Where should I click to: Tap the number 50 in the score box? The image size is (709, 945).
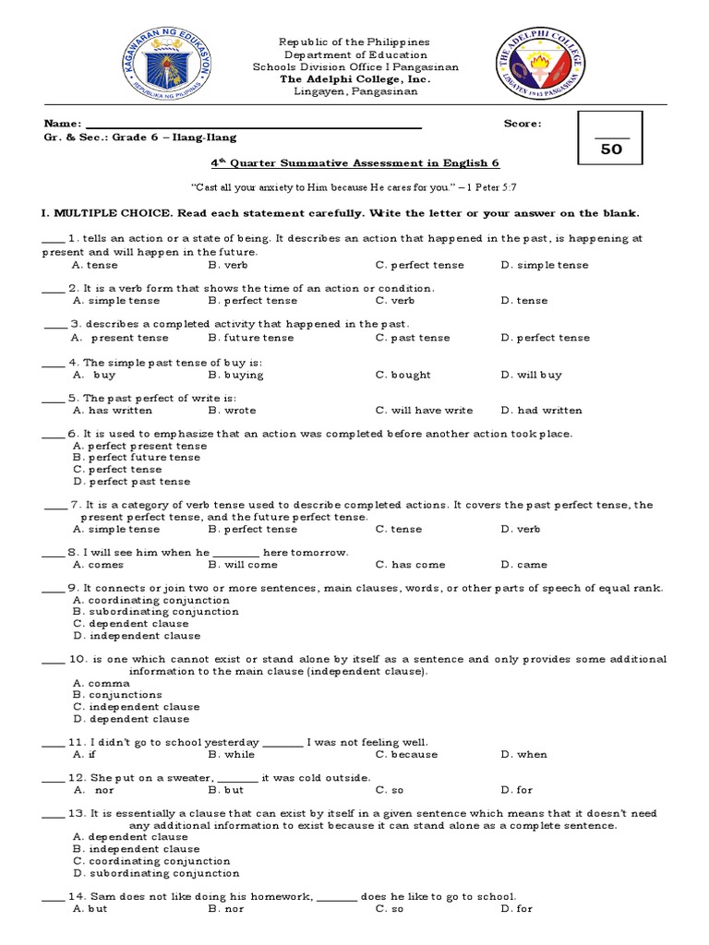[611, 150]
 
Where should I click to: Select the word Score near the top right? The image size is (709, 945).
[523, 124]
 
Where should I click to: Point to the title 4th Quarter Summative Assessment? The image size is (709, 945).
[354, 163]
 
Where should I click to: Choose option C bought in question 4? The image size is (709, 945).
[403, 376]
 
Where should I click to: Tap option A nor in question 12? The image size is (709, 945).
[93, 791]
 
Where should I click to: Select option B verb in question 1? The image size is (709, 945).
[228, 266]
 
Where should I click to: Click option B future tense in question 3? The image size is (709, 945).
[251, 339]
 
